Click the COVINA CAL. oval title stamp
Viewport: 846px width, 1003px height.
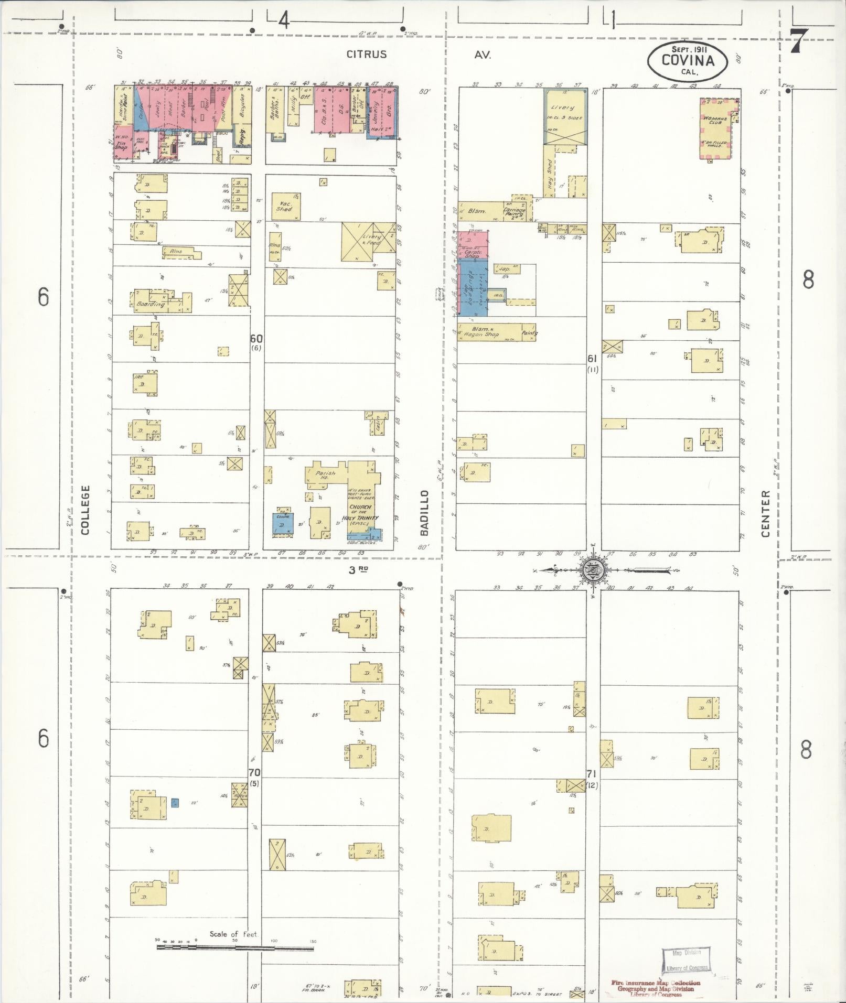click(x=688, y=61)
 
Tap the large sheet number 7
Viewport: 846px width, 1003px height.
click(x=797, y=41)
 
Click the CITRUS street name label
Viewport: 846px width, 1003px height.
click(x=367, y=54)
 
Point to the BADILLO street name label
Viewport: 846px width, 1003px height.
click(x=424, y=513)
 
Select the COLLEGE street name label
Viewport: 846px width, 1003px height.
click(x=85, y=510)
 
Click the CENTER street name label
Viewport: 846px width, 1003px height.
click(x=766, y=513)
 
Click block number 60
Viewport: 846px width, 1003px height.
click(x=256, y=339)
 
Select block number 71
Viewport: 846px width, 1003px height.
click(x=592, y=773)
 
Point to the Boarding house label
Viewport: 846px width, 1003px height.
click(x=151, y=304)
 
